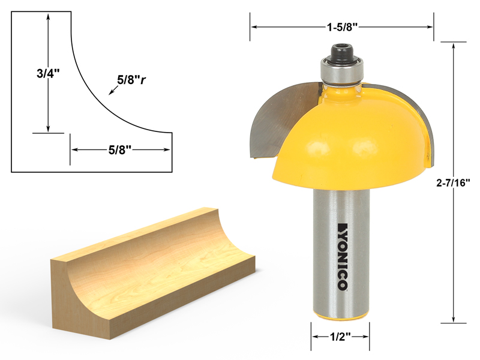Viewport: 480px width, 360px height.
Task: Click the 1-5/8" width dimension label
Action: pos(341,26)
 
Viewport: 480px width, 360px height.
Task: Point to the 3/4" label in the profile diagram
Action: pos(47,74)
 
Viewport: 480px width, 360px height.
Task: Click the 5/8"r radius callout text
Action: pos(133,80)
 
